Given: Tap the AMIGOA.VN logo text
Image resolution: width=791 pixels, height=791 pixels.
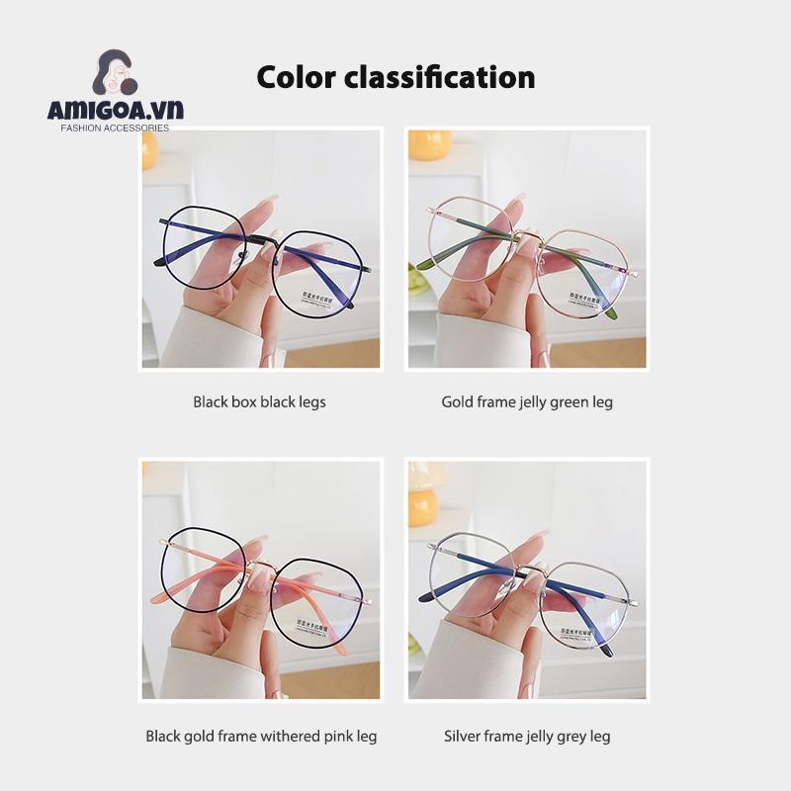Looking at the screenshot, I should coord(115,110).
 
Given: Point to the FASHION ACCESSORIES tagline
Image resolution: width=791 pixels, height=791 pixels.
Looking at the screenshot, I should coord(115,128).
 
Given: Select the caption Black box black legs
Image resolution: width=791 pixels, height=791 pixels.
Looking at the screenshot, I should coord(259,402).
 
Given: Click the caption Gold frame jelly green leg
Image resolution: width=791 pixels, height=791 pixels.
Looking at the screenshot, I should coord(526,402).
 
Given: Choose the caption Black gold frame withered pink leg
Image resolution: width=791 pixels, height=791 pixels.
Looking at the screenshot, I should coord(261,737).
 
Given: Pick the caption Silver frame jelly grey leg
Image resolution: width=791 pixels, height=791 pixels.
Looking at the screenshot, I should coord(527,737).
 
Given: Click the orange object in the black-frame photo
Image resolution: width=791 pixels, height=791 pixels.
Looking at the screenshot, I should coord(149,150).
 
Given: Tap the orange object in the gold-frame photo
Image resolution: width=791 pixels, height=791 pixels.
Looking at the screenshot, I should coord(430,144).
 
